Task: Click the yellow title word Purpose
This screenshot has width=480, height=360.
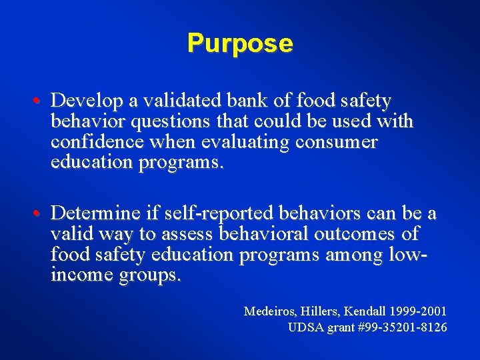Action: [x=240, y=43]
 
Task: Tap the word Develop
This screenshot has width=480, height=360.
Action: [x=83, y=101]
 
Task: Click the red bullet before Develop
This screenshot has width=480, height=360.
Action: [x=43, y=101]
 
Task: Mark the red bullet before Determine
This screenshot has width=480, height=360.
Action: [x=43, y=213]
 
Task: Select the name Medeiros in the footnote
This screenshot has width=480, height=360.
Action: [x=269, y=311]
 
